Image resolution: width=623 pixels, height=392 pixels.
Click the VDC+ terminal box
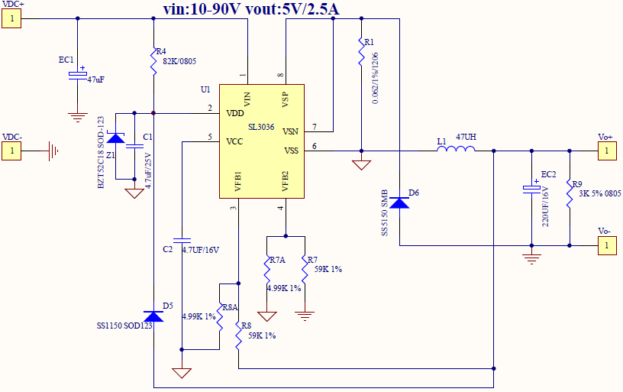pos(11,19)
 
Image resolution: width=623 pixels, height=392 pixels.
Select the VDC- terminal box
pos(11,151)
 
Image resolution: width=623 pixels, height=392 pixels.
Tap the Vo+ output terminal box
pos(606,151)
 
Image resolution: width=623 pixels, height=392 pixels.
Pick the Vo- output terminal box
pos(606,245)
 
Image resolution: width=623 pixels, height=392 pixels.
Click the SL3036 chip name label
pos(260,128)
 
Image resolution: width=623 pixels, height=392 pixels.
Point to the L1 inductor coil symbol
pos(456,150)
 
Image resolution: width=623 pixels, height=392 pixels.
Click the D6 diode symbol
pos(399,202)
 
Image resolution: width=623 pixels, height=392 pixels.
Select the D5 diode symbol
pos(154,316)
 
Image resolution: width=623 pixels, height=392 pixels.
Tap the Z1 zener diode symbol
pos(115,138)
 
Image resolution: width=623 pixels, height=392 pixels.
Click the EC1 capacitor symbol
pos(77,74)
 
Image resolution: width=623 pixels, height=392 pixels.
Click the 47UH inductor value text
pos(466,137)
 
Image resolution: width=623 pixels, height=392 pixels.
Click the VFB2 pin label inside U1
pos(284,181)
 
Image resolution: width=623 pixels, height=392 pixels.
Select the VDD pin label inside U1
pos(235,113)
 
